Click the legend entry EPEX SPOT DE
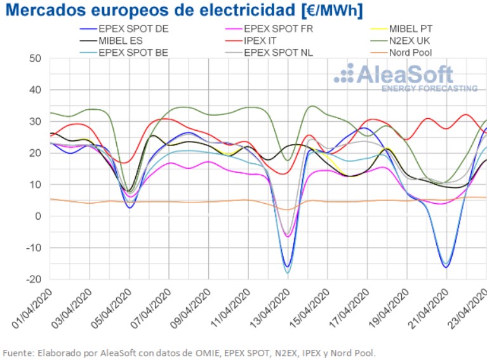(x=134, y=29)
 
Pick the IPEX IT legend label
(x=267, y=41)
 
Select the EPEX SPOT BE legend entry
(x=133, y=52)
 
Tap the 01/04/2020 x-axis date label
(x=31, y=307)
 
